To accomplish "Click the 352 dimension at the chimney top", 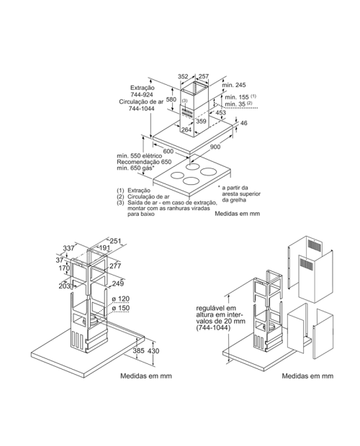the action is pos(183,76).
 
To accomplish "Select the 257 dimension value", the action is pos(204,76).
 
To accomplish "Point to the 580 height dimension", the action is pos(171,99).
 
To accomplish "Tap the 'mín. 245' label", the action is pos(234,85).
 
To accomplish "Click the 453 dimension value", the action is pos(220,112).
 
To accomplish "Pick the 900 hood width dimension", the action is pos(215,147).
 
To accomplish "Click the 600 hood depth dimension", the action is pos(168,151).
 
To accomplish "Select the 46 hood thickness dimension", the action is pos(244,123).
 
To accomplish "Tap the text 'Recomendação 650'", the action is pos(144,162).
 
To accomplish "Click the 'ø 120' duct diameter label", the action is pos(121,299).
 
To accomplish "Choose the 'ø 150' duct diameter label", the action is pos(121,308).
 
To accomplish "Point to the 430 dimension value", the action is pos(153,351).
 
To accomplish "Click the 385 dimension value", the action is pos(138,351).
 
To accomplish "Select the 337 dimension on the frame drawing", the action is pos(68,248).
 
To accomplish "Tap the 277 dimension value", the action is pos(115,266).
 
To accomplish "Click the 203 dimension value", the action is pos(64,286).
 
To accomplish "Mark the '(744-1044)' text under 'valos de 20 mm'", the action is pos(212,328).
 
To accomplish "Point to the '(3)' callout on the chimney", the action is pos(185,101).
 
